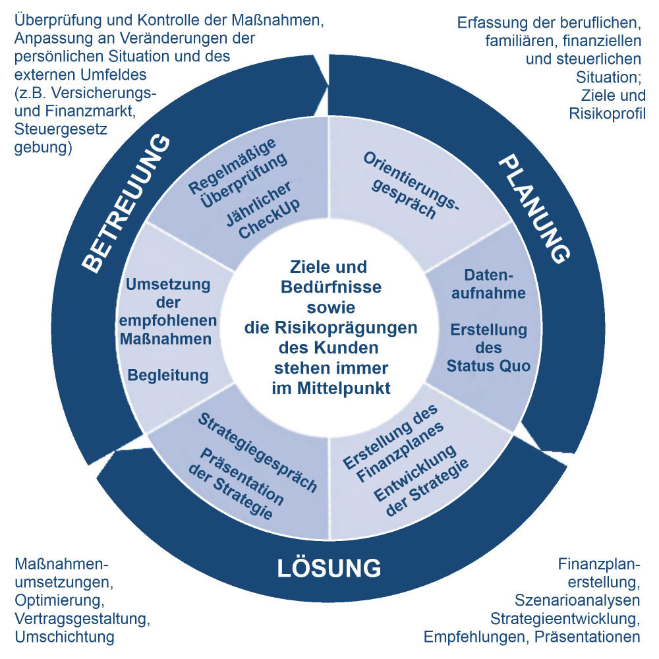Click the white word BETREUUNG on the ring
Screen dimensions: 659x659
(126, 204)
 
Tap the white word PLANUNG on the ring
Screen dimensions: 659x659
(534, 209)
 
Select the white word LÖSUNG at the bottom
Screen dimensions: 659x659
(329, 568)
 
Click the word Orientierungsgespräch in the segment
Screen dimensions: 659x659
(411, 186)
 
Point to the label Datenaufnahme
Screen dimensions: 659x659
(488, 284)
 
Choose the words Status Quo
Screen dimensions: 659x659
(488, 366)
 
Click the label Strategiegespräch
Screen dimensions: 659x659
(257, 452)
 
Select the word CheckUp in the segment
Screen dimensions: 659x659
(270, 219)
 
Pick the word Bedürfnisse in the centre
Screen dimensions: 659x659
(331, 287)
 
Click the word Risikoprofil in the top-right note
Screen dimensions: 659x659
(608, 113)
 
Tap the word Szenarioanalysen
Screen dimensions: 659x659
(577, 600)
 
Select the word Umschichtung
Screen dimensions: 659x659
(65, 637)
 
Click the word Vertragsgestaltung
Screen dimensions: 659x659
(82, 619)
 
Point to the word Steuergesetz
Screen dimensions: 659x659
(61, 129)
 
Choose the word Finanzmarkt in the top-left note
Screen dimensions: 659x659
(90, 111)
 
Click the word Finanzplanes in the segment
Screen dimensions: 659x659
(400, 452)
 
